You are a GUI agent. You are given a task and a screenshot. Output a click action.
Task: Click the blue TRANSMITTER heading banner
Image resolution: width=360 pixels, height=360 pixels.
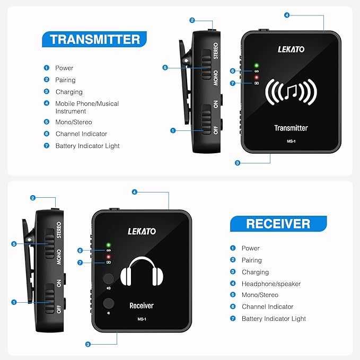coord(95,39)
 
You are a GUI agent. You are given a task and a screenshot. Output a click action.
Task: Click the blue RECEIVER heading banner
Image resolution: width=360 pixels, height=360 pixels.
coord(278,223)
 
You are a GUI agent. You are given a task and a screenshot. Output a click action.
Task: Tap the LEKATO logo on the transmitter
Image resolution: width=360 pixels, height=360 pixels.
coord(291,49)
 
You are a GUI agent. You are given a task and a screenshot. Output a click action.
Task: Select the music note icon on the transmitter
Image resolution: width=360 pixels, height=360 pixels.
coord(291,92)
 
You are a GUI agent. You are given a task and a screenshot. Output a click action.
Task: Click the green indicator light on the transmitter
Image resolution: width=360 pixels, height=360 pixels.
coord(256,65)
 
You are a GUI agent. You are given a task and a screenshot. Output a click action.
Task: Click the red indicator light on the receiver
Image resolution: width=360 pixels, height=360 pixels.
coord(108,257)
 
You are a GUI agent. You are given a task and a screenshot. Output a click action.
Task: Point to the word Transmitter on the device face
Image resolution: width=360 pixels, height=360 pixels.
coord(291,128)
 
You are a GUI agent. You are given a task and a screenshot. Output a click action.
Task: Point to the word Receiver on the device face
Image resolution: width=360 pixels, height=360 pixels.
coord(141,305)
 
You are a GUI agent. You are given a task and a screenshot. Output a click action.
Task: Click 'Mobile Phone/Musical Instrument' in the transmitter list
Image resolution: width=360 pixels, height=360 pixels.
coord(87,107)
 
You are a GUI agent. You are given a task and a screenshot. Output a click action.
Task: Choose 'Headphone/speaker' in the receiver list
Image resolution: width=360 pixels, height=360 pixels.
coord(271,284)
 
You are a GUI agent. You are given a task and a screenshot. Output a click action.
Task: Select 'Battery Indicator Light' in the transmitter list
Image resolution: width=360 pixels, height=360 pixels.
coord(87,146)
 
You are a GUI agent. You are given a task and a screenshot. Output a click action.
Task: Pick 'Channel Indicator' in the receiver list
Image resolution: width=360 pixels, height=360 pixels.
coord(267,306)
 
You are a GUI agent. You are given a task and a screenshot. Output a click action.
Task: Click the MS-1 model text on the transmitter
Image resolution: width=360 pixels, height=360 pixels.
coord(291,141)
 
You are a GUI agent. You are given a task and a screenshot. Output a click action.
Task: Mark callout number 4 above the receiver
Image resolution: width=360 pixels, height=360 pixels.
coord(135,191)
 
